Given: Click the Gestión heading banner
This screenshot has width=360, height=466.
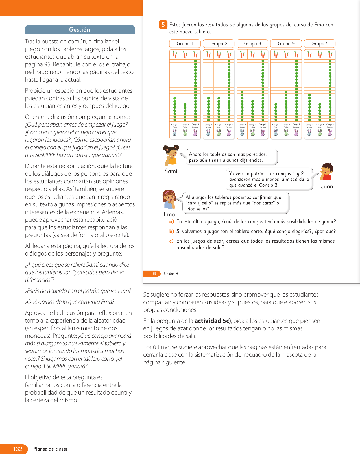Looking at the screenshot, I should click(80, 30).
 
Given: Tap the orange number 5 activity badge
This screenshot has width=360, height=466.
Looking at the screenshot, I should click(163, 25).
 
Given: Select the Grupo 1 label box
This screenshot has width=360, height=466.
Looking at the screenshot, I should click(185, 43).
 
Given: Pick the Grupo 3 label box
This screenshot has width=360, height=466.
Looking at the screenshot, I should click(252, 43).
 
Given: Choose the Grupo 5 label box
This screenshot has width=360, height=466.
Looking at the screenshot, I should click(320, 43).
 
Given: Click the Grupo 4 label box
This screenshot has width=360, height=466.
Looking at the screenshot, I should click(286, 43).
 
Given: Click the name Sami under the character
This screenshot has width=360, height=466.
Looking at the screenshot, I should click(171, 171).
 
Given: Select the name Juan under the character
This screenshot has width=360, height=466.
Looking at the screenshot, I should click(327, 186).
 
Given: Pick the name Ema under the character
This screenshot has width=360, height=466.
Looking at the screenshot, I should click(169, 214).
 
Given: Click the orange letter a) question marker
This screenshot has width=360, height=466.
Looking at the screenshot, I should click(171, 222).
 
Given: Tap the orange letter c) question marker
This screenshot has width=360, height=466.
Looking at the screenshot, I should click(171, 241).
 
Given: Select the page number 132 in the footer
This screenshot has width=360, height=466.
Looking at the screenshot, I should click(18, 449).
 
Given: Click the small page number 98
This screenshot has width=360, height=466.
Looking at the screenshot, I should click(154, 273).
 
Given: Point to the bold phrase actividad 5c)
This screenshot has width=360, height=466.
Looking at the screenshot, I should click(213, 321).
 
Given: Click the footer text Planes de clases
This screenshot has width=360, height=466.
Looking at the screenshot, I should click(51, 449).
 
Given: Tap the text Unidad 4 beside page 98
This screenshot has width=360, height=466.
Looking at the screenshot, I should click(171, 274).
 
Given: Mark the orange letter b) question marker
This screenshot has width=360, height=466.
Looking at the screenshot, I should click(171, 231).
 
